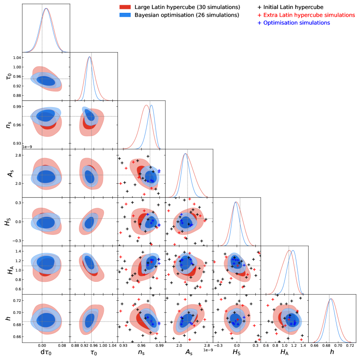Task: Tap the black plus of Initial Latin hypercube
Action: click(x=260, y=7)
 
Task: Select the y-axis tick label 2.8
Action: click(x=16, y=155)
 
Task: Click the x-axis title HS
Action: click(x=236, y=353)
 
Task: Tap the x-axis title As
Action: click(x=188, y=353)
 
